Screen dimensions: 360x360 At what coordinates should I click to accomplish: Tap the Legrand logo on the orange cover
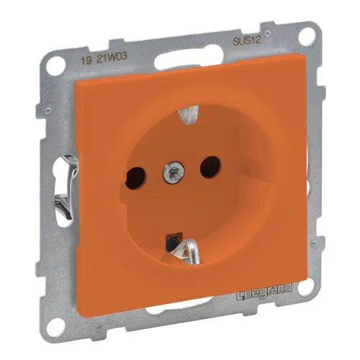pyautogui.click(x=264, y=289)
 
